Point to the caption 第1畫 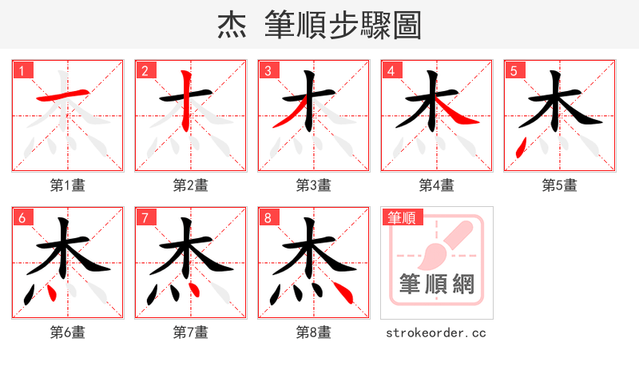68,185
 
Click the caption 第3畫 314,185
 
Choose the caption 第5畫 560,185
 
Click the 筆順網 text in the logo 437,284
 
